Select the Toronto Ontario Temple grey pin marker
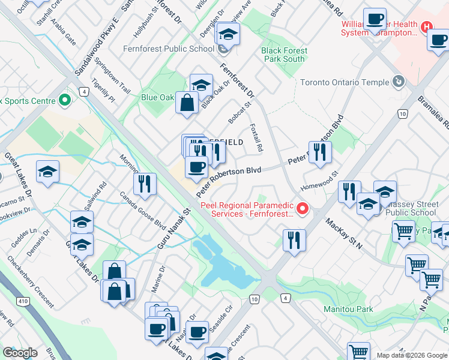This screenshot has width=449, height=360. coord(397,81)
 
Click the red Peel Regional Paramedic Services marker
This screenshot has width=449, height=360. coord(303,209)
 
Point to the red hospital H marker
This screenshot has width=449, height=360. coord(426,27)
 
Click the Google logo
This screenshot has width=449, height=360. coord(20,353)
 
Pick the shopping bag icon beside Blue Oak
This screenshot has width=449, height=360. coord(187,103)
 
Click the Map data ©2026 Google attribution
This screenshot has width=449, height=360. coord(411,355)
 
